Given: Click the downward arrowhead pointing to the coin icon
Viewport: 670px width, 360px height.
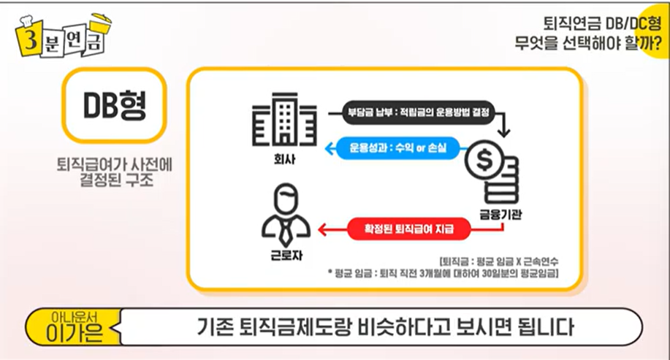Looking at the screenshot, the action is tap(505, 134).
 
